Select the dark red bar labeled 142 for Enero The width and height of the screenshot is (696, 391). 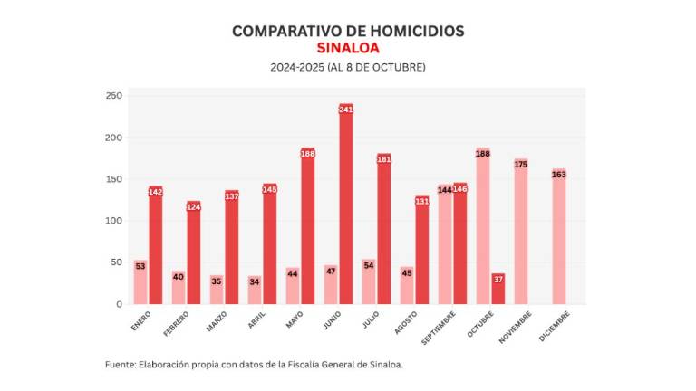pyautogui.click(x=155, y=245)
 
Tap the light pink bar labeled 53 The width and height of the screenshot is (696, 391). pyautogui.click(x=140, y=282)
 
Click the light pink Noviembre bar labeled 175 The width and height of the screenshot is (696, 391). pyautogui.click(x=520, y=232)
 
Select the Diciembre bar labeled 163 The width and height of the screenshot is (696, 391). pyautogui.click(x=558, y=236)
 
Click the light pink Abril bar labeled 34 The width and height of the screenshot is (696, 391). pyautogui.click(x=255, y=290)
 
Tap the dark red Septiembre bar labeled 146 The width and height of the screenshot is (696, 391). pyautogui.click(x=459, y=243)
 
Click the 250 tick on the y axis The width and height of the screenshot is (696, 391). pyautogui.click(x=113, y=96)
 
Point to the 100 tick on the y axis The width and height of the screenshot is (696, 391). pyautogui.click(x=113, y=221)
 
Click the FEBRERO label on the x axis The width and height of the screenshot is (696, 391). pyautogui.click(x=177, y=322)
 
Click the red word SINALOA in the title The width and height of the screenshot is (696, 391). pyautogui.click(x=348, y=48)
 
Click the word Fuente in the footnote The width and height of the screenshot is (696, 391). pyautogui.click(x=120, y=365)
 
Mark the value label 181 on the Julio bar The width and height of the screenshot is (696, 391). pyautogui.click(x=383, y=159)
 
